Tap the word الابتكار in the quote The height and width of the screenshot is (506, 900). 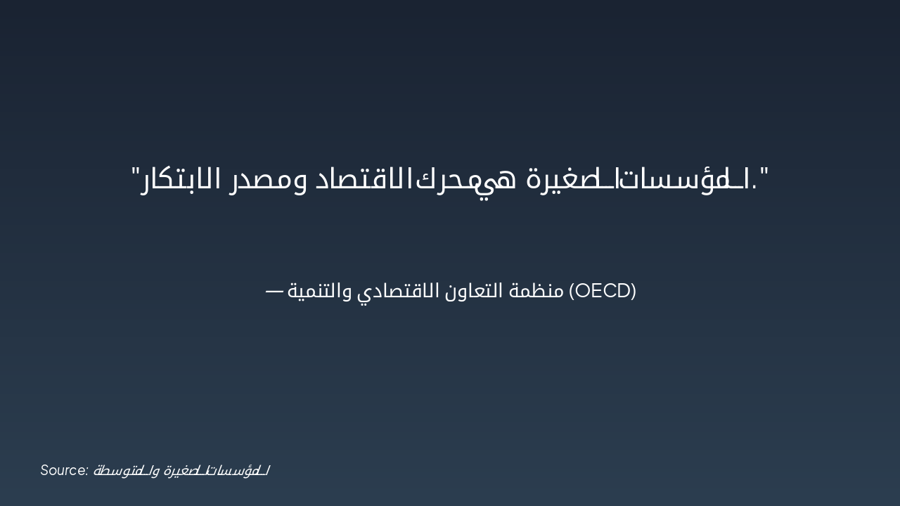pos(184,179)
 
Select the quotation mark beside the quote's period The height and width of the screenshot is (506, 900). pos(765,172)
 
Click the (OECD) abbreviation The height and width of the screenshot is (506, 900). pos(602,290)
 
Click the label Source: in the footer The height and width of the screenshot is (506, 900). pos(64,470)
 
